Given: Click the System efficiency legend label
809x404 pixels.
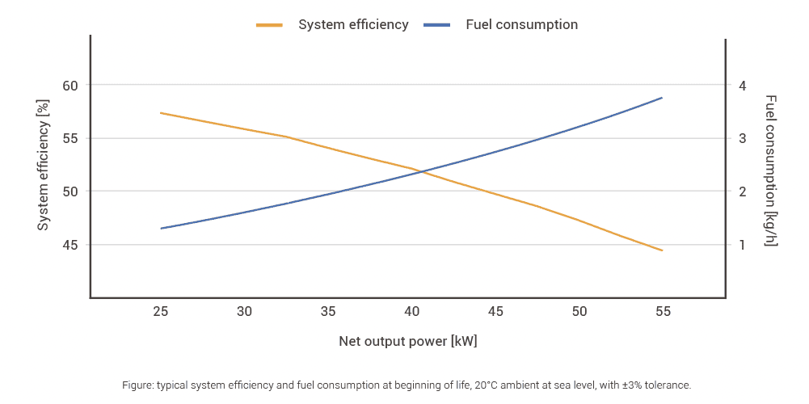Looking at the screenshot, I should pos(353,24).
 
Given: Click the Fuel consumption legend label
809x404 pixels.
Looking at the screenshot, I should pos(521,24).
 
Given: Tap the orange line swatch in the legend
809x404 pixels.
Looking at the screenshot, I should pos(269,25).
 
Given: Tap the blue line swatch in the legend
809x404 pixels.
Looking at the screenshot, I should pos(436,25).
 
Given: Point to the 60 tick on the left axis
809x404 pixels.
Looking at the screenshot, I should pos(71,86).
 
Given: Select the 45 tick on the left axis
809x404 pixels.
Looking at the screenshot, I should pos(71,245).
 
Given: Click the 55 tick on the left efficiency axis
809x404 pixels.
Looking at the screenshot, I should pos(71,138).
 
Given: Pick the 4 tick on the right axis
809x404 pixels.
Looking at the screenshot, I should pos(742,86).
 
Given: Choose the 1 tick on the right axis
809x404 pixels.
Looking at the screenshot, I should pos(742,245).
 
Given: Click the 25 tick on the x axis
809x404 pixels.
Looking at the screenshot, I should pos(161,311).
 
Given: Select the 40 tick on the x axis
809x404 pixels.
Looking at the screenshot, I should pos(411,311).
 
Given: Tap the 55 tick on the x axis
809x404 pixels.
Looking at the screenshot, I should pos(662,311).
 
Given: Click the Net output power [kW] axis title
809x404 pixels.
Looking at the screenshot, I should pos(407,341).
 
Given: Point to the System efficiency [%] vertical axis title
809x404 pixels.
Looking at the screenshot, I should pos(44,165).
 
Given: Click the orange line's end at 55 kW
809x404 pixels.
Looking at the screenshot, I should pos(662,250).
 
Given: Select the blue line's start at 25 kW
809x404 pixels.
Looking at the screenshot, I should pos(161,229).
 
